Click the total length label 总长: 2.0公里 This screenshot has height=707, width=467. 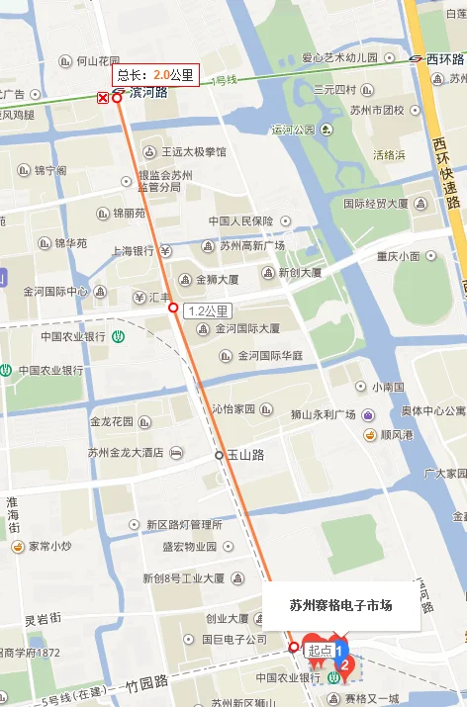click(x=155, y=75)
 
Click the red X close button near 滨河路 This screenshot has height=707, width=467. click(x=102, y=98)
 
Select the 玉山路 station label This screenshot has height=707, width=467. click(x=245, y=455)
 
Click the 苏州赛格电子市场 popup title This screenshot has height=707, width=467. click(x=340, y=605)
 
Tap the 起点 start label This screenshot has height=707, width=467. click(x=321, y=650)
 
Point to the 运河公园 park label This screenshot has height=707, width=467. click(x=293, y=130)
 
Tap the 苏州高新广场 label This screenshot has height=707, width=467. click(x=252, y=245)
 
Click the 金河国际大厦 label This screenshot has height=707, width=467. click(x=248, y=328)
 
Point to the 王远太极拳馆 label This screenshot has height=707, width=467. click(x=194, y=152)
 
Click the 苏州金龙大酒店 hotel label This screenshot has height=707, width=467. click(x=125, y=453)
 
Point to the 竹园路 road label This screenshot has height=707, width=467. click(x=147, y=682)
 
